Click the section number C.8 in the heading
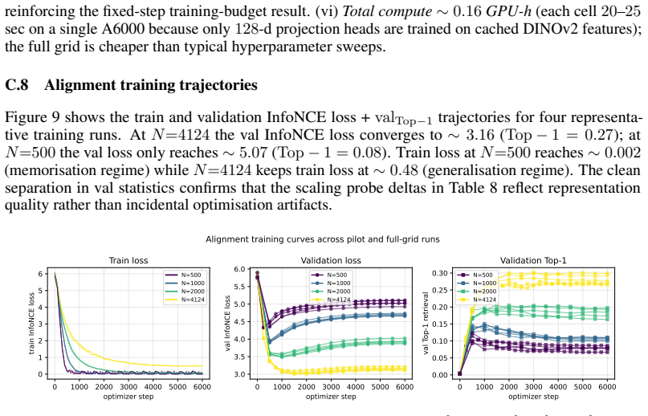(x=17, y=85)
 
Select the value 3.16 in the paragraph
(x=480, y=135)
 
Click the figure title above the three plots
(x=322, y=239)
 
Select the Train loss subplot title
(x=128, y=260)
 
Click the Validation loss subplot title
(x=331, y=260)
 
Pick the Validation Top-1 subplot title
(x=533, y=260)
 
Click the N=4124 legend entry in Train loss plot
(x=185, y=300)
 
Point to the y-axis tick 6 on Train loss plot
(x=40, y=274)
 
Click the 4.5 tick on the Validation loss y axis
(x=241, y=321)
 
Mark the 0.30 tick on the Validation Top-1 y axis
(x=440, y=273)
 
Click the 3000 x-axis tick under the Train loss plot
(x=128, y=386)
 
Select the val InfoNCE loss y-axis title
(x=227, y=324)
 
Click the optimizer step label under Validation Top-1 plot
(x=533, y=397)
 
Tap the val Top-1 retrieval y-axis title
(x=426, y=324)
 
